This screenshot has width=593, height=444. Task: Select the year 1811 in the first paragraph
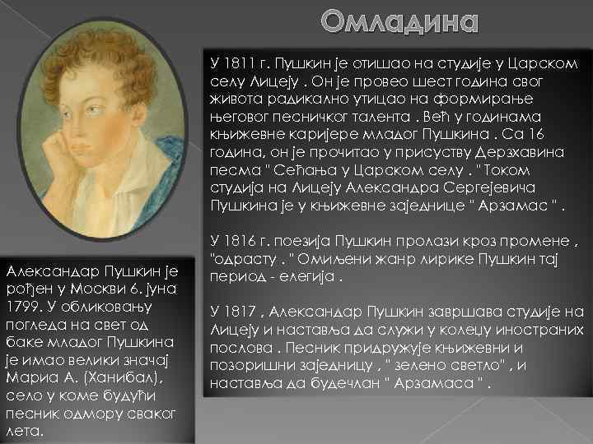click(x=238, y=63)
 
